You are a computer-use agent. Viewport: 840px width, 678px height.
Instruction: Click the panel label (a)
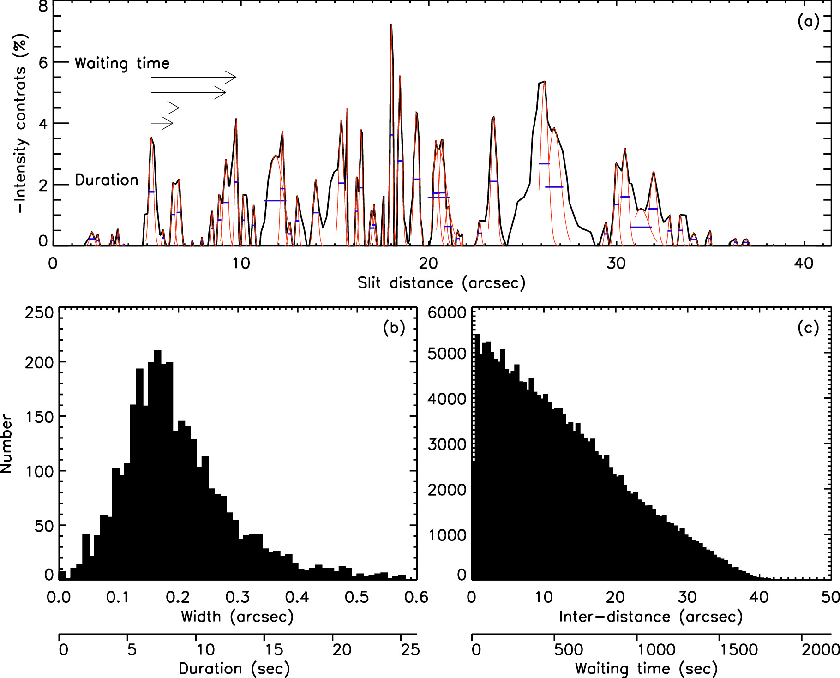(x=808, y=22)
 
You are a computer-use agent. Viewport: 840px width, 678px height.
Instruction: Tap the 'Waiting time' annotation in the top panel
(x=122, y=63)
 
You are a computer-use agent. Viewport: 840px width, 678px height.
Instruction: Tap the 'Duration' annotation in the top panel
(x=106, y=180)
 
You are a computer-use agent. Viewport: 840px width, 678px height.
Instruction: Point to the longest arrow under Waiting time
(x=194, y=77)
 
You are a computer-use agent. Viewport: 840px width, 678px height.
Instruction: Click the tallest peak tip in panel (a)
(x=391, y=25)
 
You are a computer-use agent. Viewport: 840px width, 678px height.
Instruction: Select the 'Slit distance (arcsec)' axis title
(x=441, y=282)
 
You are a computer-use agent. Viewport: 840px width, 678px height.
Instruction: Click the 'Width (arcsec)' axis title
(x=237, y=617)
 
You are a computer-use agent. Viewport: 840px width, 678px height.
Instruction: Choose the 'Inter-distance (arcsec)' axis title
(x=651, y=617)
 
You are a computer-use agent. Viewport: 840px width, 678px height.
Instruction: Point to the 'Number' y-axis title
(x=6, y=444)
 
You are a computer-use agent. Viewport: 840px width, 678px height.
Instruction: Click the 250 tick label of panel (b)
(x=39, y=313)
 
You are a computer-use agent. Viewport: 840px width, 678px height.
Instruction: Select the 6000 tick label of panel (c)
(x=447, y=313)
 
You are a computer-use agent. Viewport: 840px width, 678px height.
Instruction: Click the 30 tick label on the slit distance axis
(x=616, y=264)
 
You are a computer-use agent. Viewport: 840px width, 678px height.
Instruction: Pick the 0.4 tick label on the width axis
(x=297, y=597)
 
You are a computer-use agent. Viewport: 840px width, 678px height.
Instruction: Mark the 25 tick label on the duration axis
(x=410, y=650)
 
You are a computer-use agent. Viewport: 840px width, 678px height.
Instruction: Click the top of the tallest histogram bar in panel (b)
(x=157, y=351)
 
